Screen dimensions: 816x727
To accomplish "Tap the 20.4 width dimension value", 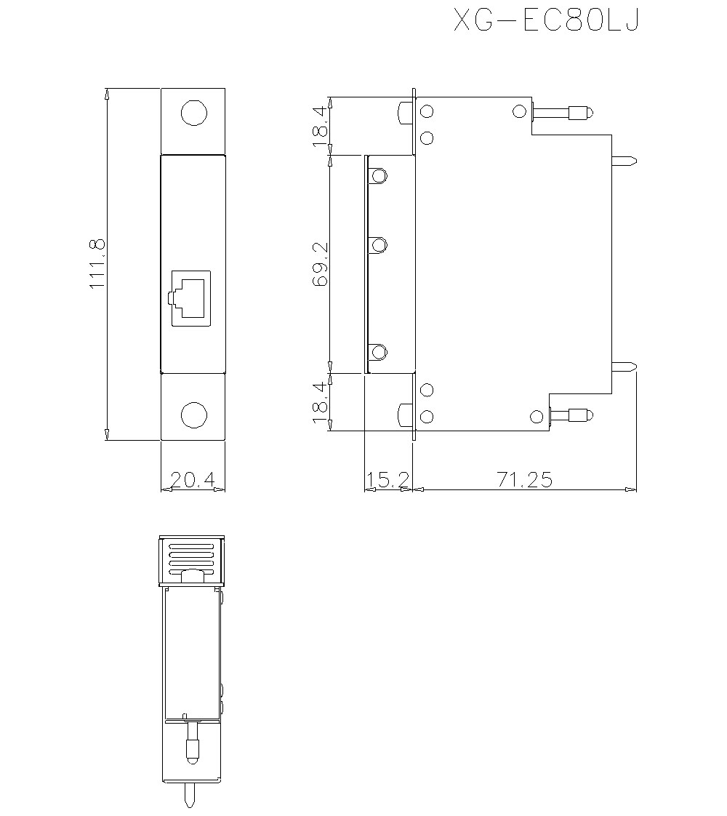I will pos(193,479).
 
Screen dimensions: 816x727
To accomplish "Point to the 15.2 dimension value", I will pos(387,479).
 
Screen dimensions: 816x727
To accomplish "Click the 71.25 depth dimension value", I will pos(524,479).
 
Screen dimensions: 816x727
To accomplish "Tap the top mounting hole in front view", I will pos(193,113).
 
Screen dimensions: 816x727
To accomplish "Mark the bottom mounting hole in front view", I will pos(193,415).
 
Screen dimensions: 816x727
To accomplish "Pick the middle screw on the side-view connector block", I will pos(378,244).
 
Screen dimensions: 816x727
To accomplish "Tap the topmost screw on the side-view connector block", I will pos(378,176).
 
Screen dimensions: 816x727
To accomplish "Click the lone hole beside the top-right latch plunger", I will pos(519,111).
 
